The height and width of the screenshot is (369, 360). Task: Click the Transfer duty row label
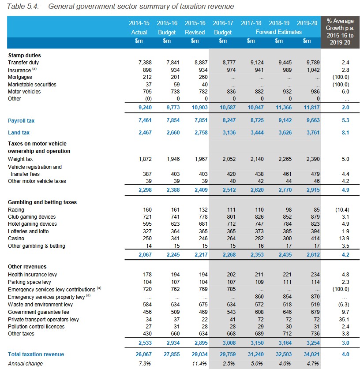pos(23,63)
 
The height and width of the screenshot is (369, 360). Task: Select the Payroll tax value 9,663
pos(313,120)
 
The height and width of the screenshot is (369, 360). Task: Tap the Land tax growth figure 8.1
pos(345,133)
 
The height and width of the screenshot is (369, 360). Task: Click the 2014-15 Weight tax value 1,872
pos(145,159)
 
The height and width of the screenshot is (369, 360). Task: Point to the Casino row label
pos(16,239)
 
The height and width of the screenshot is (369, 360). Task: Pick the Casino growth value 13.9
pos(344,239)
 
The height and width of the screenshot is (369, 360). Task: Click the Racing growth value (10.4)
pos(342,210)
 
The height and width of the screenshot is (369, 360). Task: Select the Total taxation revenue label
pos(36,354)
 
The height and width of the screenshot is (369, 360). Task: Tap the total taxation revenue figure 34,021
pos(311,354)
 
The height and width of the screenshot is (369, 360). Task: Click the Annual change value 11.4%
pos(199,364)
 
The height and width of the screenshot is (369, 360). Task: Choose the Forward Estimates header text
pos(279,32)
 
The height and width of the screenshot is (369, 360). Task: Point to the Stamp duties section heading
pos(25,56)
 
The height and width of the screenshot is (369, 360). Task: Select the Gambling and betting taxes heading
pos(42,202)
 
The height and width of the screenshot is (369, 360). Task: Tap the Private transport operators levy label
pos(43,320)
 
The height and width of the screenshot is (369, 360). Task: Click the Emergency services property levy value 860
pos(259,297)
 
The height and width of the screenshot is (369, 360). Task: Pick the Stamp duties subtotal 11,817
pos(312,108)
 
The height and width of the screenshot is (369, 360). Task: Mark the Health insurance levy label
pos(33,275)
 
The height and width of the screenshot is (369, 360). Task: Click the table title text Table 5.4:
pos(23,6)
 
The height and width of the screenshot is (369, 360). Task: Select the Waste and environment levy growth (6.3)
pos(344,305)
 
